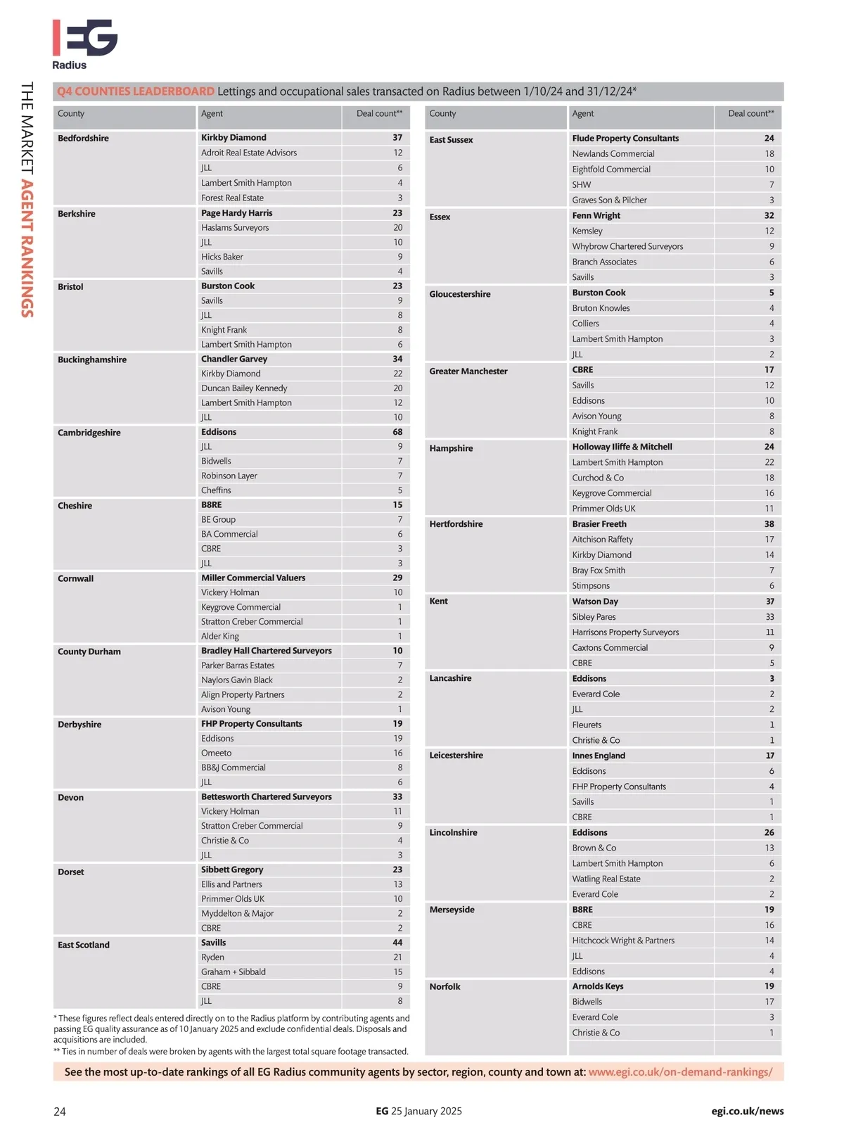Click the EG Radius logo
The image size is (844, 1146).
[84, 44]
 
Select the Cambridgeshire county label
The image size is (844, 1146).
[89, 433]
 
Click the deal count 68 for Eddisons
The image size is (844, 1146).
[397, 432]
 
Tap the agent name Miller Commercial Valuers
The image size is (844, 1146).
[253, 578]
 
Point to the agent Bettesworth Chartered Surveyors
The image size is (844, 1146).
[266, 796]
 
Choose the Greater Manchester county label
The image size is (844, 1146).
[468, 371]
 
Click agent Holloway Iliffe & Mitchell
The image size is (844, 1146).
[622, 447]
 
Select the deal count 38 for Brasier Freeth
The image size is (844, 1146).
[769, 524]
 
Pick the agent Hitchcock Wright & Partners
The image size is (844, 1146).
[623, 941]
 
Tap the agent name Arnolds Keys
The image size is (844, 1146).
[597, 986]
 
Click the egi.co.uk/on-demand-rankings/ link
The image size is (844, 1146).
[680, 1072]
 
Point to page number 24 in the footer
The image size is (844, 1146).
[60, 1112]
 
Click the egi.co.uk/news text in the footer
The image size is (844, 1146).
[747, 1111]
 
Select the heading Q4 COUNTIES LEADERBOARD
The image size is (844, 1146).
[136, 91]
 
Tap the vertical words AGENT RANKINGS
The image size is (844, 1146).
[27, 248]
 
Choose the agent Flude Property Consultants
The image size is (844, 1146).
[625, 139]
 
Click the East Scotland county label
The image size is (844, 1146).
[83, 945]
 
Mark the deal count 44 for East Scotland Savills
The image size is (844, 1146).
[397, 943]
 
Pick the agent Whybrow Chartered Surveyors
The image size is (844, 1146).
[627, 246]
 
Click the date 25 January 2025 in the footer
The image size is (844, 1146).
[426, 1111]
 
